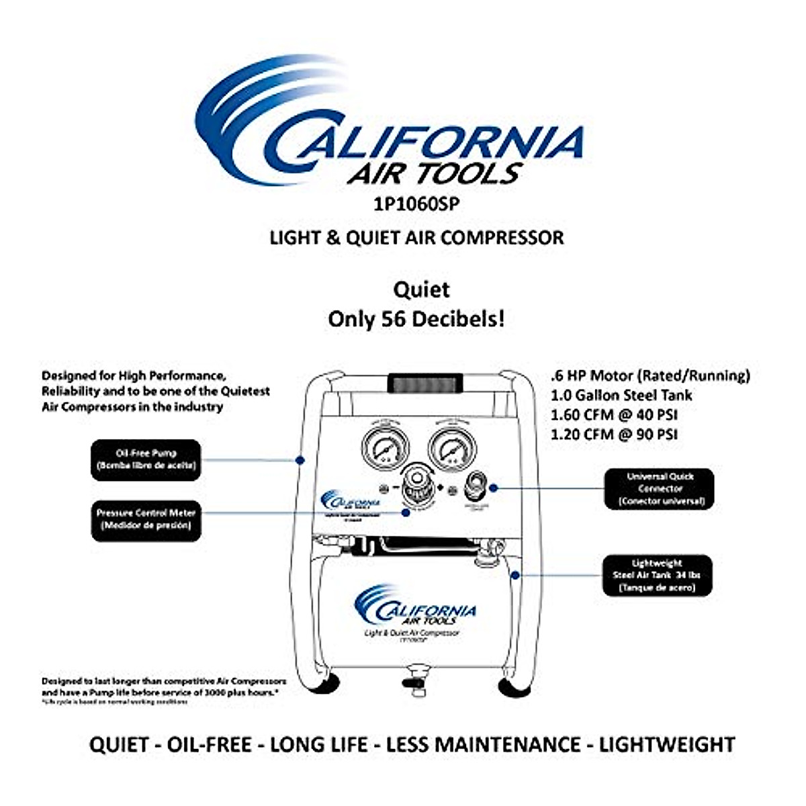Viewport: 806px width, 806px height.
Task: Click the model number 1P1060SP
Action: click(x=416, y=204)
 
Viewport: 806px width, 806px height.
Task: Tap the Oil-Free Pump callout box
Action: click(x=146, y=459)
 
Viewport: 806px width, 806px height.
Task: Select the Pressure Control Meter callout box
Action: click(x=146, y=519)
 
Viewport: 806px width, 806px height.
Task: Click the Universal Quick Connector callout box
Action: click(x=660, y=488)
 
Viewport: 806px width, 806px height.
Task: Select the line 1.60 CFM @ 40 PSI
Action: click(x=614, y=414)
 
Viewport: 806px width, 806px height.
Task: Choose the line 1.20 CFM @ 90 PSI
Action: click(x=614, y=434)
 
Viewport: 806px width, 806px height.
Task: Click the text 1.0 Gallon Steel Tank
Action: click(x=621, y=395)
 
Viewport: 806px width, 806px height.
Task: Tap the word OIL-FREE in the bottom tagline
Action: click(x=209, y=744)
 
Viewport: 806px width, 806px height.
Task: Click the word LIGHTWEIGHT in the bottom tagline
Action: click(x=667, y=744)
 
